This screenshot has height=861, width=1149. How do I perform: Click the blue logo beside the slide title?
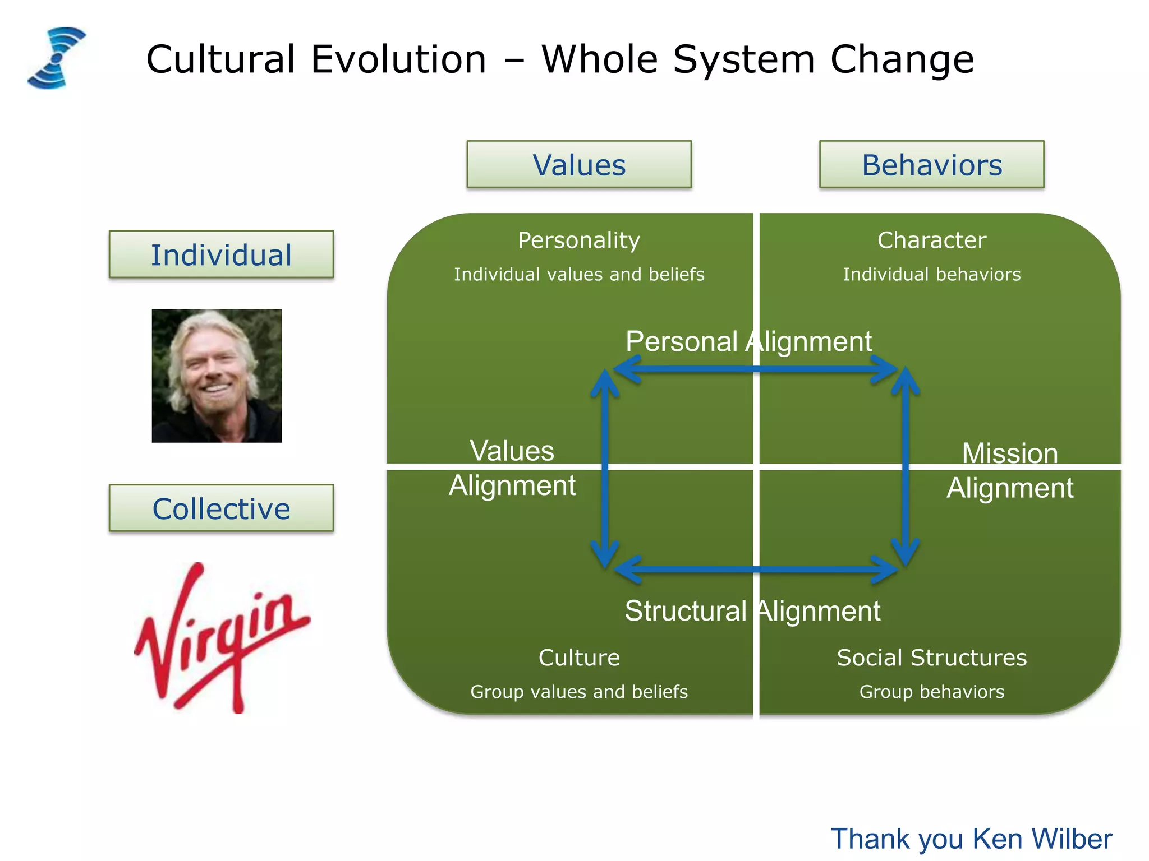point(56,58)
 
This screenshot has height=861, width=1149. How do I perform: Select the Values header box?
point(578,165)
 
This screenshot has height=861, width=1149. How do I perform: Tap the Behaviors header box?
point(931,165)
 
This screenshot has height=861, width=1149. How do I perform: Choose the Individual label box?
point(221,255)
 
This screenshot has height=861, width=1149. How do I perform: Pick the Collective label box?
point(221,508)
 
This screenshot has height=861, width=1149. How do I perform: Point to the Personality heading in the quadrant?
point(578,240)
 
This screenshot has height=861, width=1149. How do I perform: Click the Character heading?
point(931,240)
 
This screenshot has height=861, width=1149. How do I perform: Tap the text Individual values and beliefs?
point(578,275)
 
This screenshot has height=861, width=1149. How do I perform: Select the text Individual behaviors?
point(931,275)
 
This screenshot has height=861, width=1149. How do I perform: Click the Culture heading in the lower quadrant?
point(578,658)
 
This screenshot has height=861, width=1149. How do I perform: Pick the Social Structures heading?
point(931,658)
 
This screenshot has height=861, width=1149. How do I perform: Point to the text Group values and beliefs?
point(578,692)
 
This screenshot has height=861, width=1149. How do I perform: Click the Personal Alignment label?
point(748,341)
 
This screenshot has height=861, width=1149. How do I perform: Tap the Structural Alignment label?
point(752,611)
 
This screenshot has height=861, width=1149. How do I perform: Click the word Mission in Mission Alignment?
point(1009,453)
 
